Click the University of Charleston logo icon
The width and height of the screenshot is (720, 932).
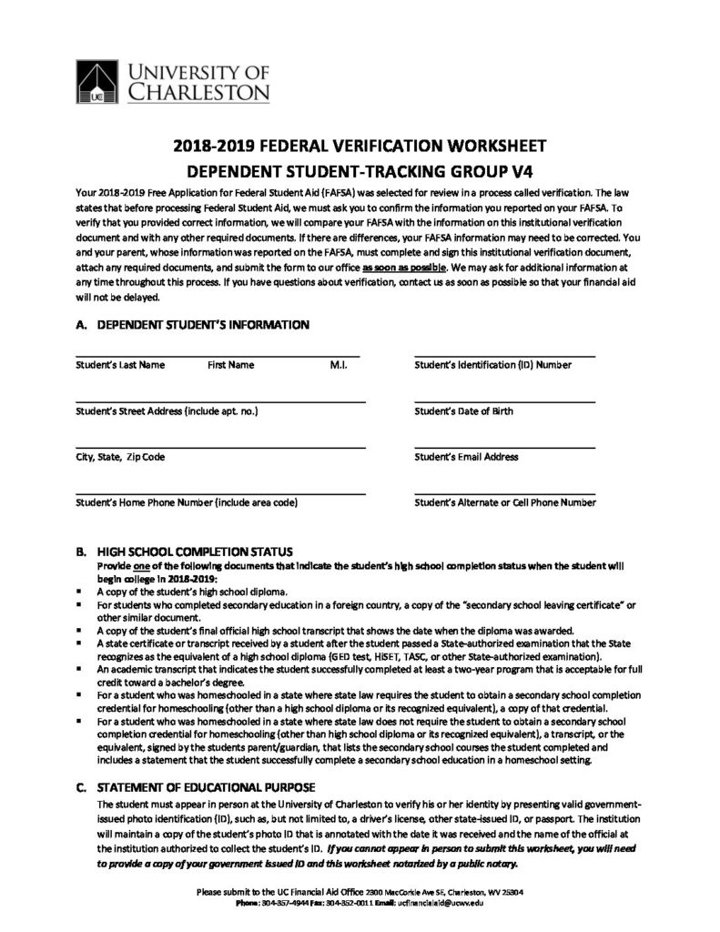pyautogui.click(x=95, y=80)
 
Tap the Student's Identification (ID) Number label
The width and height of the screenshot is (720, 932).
pyautogui.click(x=492, y=365)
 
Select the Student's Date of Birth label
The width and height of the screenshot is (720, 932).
pyautogui.click(x=463, y=411)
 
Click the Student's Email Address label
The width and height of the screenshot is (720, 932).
pyautogui.click(x=466, y=457)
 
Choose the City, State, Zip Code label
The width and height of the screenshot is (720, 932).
pyautogui.click(x=121, y=457)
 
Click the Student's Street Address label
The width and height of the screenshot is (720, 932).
pyautogui.click(x=167, y=411)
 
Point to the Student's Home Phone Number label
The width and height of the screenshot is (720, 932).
pyautogui.click(x=188, y=502)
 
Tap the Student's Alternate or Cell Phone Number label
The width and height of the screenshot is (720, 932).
pyautogui.click(x=505, y=502)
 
